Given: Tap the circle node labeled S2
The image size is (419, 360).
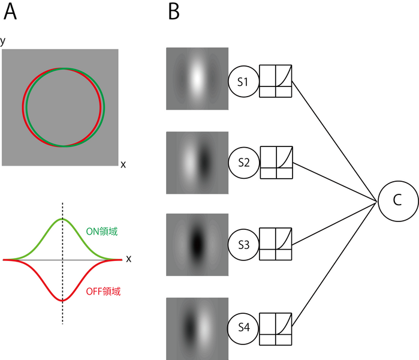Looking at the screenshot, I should pyautogui.click(x=243, y=163).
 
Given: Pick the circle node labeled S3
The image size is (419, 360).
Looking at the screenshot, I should pyautogui.click(x=243, y=245).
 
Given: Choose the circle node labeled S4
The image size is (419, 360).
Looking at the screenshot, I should pyautogui.click(x=243, y=327).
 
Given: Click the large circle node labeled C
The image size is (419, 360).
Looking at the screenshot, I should pyautogui.click(x=396, y=201).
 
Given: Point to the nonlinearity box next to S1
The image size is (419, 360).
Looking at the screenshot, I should pyautogui.click(x=276, y=81).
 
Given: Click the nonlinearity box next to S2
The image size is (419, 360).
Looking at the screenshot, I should pyautogui.click(x=276, y=163).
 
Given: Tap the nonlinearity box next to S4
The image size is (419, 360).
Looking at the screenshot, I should pyautogui.click(x=276, y=327).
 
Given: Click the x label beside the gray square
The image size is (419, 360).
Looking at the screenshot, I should pyautogui.click(x=123, y=164).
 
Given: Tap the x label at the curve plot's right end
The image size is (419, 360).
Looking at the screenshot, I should pyautogui.click(x=128, y=259).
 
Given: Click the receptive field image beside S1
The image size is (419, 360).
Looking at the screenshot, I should pyautogui.click(x=197, y=78).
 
